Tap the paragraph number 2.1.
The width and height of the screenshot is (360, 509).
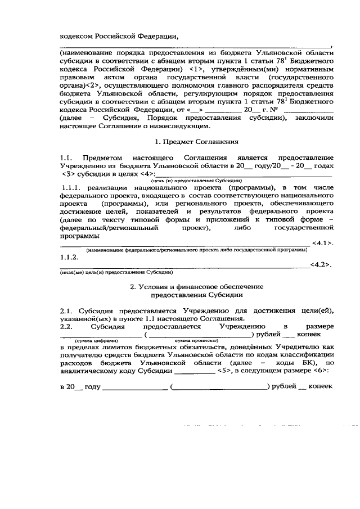pos(66,310)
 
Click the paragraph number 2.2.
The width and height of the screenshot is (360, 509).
pos(66,326)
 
